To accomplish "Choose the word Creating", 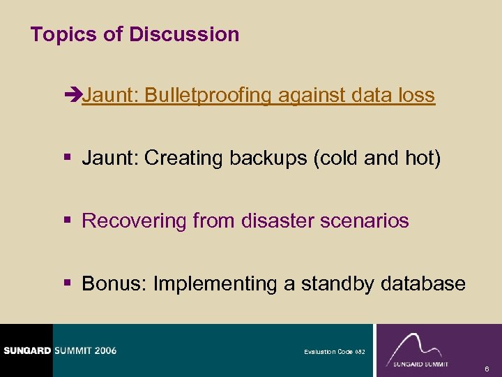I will [x=181, y=158].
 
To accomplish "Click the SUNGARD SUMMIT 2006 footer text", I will [x=59, y=350].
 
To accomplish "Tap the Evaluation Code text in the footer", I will [x=330, y=351].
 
